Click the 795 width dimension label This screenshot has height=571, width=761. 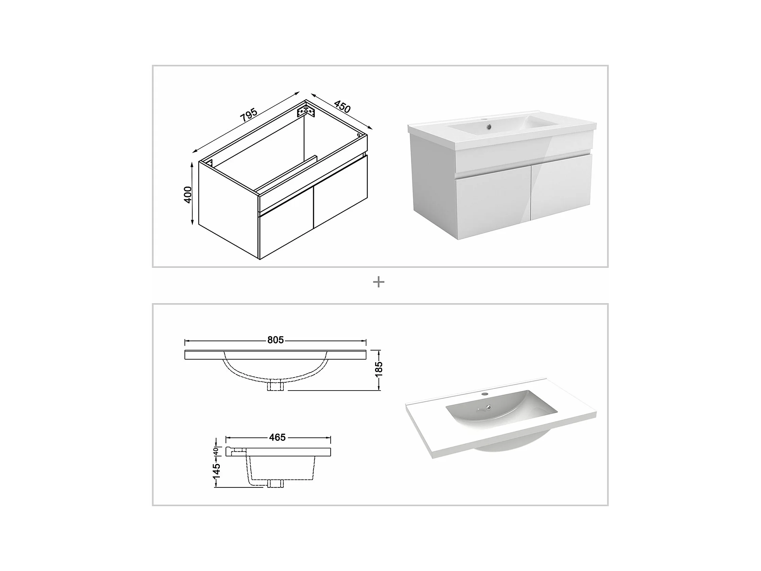click(x=249, y=115)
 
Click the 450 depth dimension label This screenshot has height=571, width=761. click(x=342, y=107)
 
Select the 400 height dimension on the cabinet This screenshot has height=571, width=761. click(x=188, y=195)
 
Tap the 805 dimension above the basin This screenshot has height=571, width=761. click(x=276, y=340)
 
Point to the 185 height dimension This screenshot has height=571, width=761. click(x=379, y=369)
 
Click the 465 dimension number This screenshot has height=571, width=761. click(x=277, y=437)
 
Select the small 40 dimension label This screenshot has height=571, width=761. click(x=216, y=451)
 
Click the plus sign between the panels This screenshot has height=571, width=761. click(x=378, y=282)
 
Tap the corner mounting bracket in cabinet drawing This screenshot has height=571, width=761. click(x=306, y=111)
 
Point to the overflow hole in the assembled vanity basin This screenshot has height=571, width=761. click(x=489, y=127)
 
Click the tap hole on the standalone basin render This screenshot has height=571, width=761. click(x=485, y=393)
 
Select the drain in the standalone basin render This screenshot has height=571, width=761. click(x=488, y=408)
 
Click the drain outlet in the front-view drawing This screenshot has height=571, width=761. click(x=275, y=386)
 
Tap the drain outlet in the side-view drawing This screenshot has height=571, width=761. click(x=275, y=483)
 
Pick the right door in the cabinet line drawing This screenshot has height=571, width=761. click(x=341, y=192)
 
